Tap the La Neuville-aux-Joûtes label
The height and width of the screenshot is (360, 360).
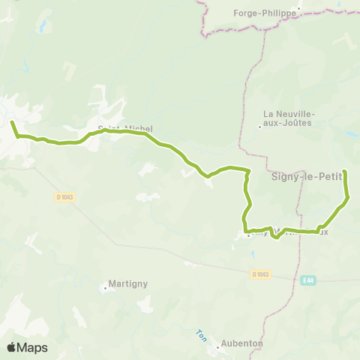[289, 119]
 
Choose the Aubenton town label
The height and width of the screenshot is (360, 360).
[241, 343]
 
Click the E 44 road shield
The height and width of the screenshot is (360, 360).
[306, 280]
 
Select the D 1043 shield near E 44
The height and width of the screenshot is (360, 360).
[260, 274]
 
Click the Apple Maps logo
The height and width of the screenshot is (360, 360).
[27, 347]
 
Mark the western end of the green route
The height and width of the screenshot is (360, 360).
[12, 121]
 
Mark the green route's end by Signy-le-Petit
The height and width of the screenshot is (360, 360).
[344, 172]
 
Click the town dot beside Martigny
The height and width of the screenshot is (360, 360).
[104, 286]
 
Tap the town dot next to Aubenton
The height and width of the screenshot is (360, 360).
[215, 346]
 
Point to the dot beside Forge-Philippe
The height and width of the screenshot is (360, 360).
[298, 10]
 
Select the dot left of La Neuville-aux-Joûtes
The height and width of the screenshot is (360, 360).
[260, 126]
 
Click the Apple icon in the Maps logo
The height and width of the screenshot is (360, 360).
[11, 347]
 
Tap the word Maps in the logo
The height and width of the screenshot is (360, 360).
[33, 347]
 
